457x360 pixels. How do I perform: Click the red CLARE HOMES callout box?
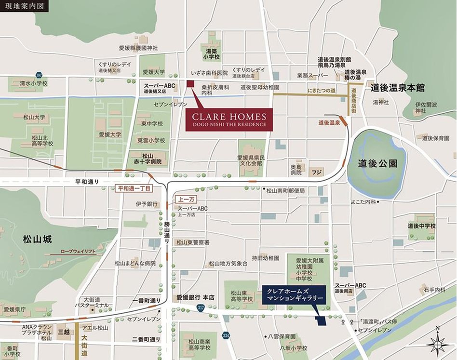(229, 120)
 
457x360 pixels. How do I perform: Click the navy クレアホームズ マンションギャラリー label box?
(294, 295)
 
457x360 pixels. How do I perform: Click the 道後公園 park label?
(377, 164)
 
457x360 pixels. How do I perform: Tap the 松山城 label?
(37, 239)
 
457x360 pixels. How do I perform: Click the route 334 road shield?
(226, 334)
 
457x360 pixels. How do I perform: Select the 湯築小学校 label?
(211, 54)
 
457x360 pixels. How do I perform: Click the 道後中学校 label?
(421, 226)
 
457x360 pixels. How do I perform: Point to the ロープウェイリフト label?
(78, 252)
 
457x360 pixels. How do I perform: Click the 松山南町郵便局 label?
(286, 191)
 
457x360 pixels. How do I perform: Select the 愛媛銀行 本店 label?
(195, 297)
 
